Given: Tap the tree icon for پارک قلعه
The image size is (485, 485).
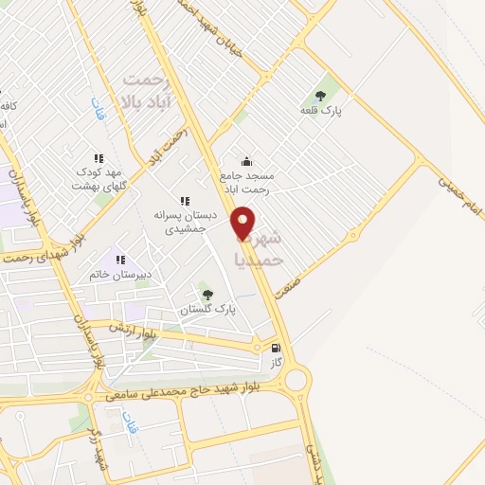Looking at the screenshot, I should pyautogui.click(x=319, y=96).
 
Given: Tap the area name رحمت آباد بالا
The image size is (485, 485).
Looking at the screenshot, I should pyautogui.click(x=152, y=91).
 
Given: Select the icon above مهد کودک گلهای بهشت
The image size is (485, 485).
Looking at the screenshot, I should pyautogui.click(x=98, y=158).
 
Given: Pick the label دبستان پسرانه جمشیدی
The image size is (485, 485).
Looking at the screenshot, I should pyautogui.click(x=186, y=222).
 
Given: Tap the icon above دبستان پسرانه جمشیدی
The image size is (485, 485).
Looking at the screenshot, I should pyautogui.click(x=185, y=201).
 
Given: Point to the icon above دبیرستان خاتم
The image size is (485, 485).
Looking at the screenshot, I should pyautogui.click(x=120, y=258).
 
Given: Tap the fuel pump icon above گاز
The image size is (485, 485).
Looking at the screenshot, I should pyautogui.click(x=276, y=347).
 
